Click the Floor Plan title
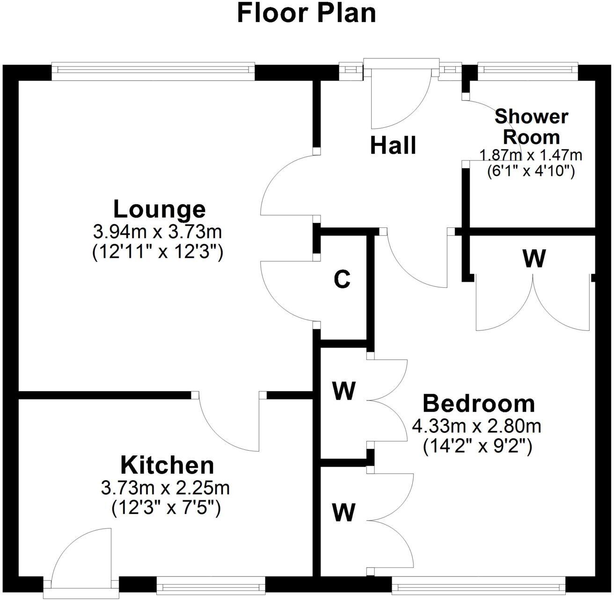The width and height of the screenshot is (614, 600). (x=307, y=13)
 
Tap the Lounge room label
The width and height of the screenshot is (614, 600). (x=159, y=209)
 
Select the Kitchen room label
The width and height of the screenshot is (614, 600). (x=167, y=465)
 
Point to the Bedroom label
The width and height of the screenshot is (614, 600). (x=478, y=403)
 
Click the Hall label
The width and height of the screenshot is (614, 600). (x=393, y=146)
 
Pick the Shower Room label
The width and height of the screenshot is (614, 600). (x=531, y=126)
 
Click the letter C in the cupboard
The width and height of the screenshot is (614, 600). (x=342, y=280)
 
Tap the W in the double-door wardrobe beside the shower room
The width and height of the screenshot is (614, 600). (x=534, y=259)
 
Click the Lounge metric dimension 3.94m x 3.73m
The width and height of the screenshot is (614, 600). (x=158, y=232)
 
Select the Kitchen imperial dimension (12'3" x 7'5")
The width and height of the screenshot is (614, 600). (x=166, y=507)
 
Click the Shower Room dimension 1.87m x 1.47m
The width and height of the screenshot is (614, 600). (x=530, y=154)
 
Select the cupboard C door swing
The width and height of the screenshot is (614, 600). (x=288, y=291)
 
